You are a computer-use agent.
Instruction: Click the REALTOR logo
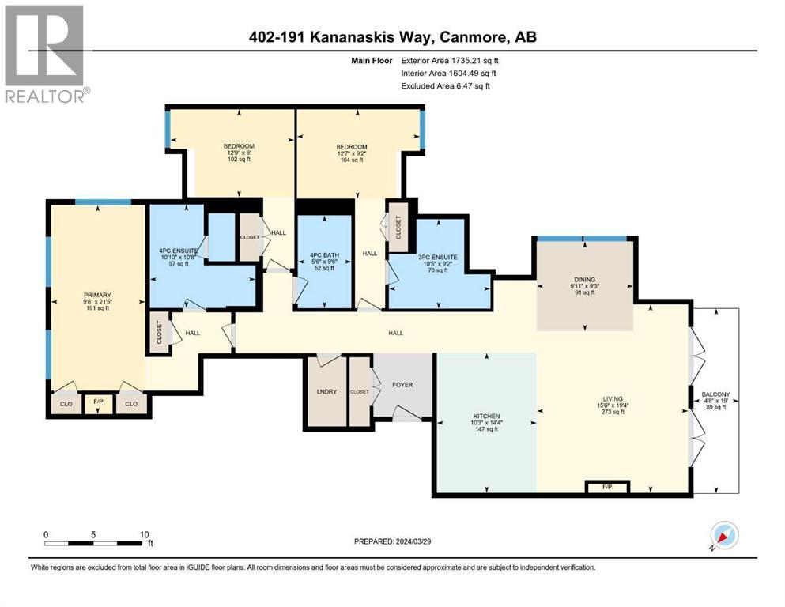coord(45,54)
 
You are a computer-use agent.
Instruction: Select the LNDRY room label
coord(326,392)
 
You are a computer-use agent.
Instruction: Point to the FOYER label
coord(402,385)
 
